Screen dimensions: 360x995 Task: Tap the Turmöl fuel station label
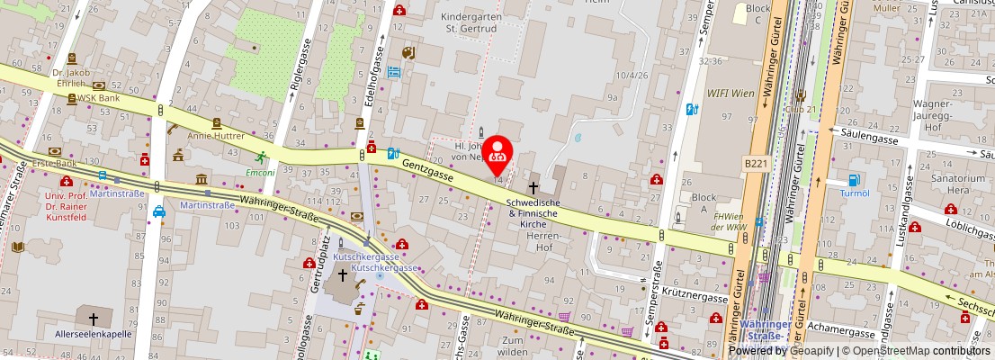coord(853,193)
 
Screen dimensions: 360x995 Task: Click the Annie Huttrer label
coord(216,136)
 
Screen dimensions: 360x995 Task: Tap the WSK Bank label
coord(98,97)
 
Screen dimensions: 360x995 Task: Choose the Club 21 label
coord(800,108)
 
